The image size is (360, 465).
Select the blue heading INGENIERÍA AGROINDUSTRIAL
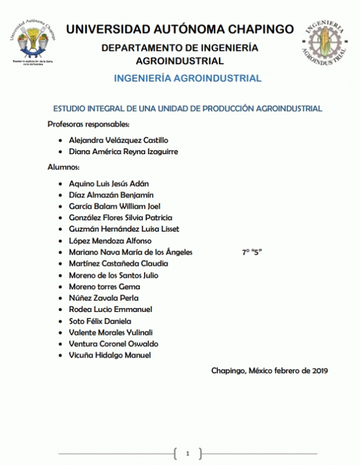(188, 79)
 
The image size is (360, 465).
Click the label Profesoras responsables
(88, 124)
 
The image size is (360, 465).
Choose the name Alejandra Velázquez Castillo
(119, 140)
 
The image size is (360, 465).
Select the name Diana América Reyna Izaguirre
(124, 152)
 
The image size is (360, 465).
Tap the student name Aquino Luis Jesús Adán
(109, 183)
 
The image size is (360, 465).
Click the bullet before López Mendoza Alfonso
(62, 241)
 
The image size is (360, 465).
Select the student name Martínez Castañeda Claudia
(119, 263)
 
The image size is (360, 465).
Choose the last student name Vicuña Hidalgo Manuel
(110, 355)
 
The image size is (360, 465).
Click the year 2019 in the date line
(319, 370)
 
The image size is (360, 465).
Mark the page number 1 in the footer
(187, 453)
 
